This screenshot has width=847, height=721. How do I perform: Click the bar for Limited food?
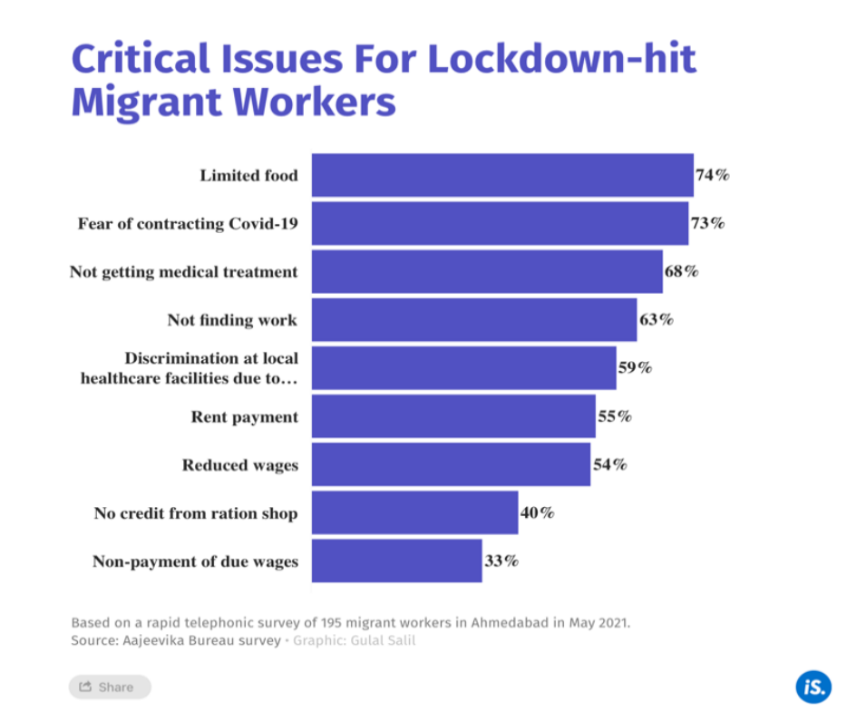pyautogui.click(x=501, y=175)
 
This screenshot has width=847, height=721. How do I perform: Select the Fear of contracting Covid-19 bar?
pyautogui.click(x=499, y=223)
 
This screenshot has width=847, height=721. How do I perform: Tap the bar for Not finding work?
pyautogui.click(x=473, y=320)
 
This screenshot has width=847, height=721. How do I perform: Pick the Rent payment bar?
pyautogui.click(x=453, y=416)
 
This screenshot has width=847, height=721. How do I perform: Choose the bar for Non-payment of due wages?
pyautogui.click(x=396, y=561)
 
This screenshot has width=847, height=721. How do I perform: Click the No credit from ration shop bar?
pyautogui.click(x=414, y=513)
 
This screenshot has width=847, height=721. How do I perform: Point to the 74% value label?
pyautogui.click(x=713, y=175)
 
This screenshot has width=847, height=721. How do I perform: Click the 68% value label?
pyautogui.click(x=681, y=271)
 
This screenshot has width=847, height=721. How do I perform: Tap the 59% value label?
pyautogui.click(x=635, y=368)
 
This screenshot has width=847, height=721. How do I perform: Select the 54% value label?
pyautogui.click(x=609, y=464)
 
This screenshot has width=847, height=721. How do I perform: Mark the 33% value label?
pyautogui.click(x=501, y=561)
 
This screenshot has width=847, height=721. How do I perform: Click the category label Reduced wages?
pyautogui.click(x=239, y=465)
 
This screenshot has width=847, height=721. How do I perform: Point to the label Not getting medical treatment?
pyautogui.click(x=183, y=272)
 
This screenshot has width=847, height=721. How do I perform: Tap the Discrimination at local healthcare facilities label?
pyautogui.click(x=190, y=368)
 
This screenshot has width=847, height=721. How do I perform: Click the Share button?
pyautogui.click(x=109, y=687)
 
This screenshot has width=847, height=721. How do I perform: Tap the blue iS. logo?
pyautogui.click(x=813, y=686)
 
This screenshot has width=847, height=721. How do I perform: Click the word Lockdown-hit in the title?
pyautogui.click(x=562, y=59)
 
